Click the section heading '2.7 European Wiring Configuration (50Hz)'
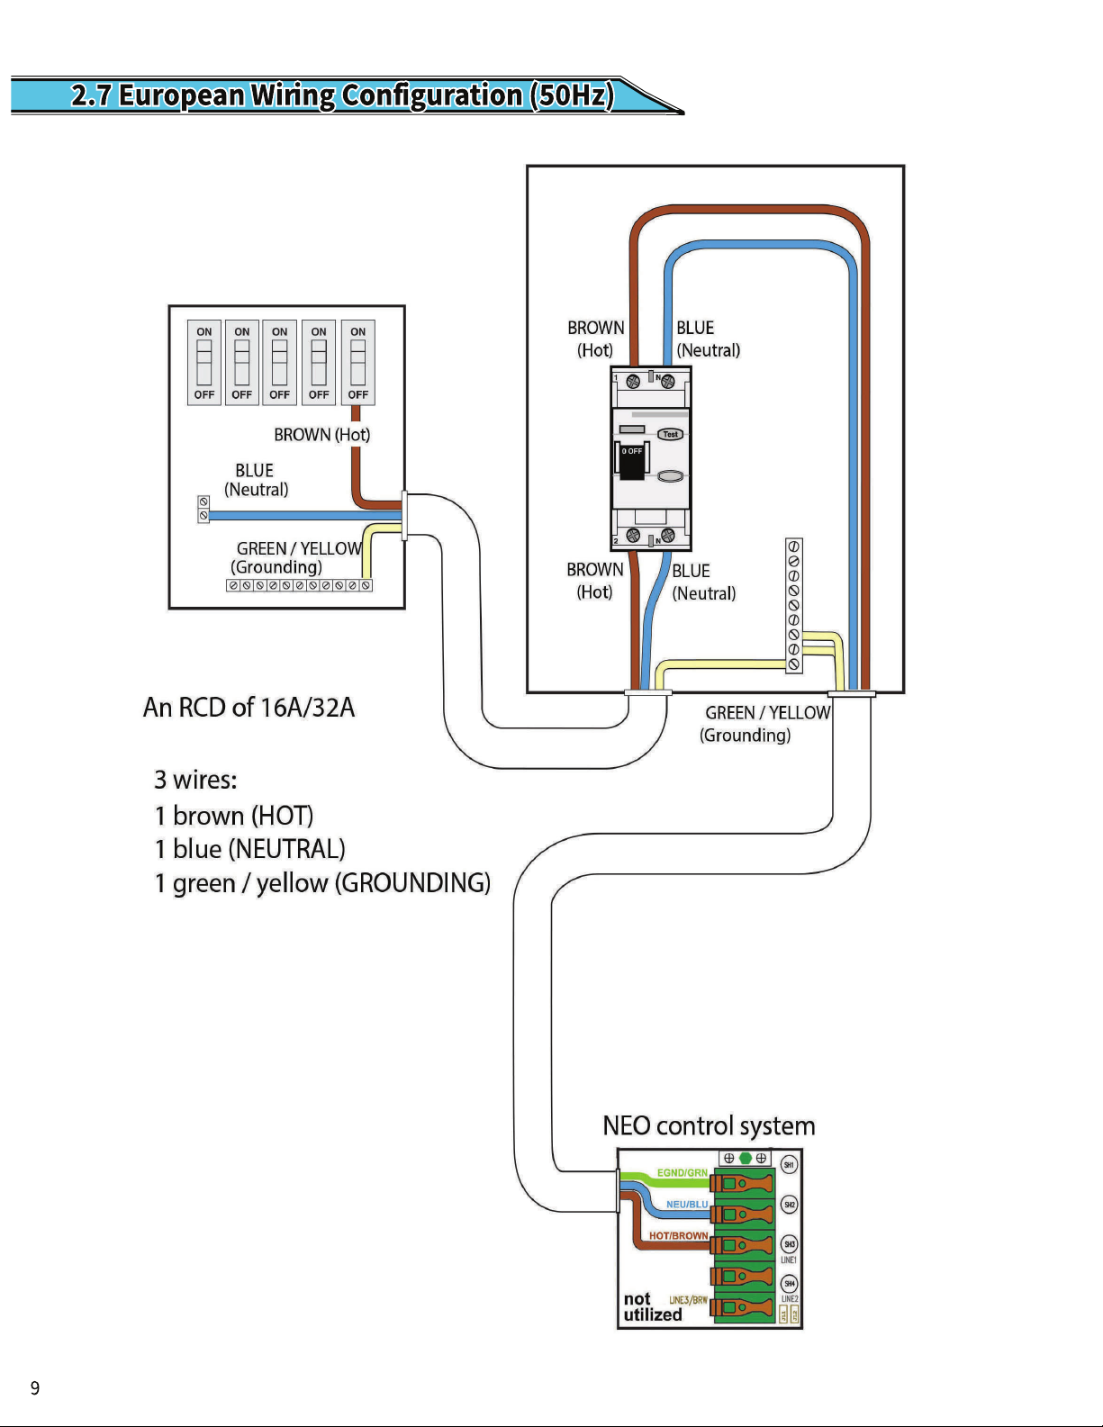point(342,95)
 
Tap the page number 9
point(35,1387)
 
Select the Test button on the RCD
point(670,434)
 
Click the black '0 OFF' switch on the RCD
point(632,460)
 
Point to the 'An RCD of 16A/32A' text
point(249,708)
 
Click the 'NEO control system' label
point(709,1126)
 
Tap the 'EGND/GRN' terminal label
point(682,1173)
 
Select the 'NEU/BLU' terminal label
point(686,1205)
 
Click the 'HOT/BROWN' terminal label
point(678,1236)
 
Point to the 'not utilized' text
point(651,1307)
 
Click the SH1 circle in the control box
point(789,1165)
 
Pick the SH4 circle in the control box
point(789,1284)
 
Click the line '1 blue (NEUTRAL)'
point(249,849)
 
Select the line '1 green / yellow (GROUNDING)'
point(322,883)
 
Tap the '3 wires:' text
point(195,780)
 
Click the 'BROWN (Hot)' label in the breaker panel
point(321,435)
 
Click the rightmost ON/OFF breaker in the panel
point(357,363)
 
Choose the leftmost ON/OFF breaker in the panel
point(204,363)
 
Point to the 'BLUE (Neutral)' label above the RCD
point(708,339)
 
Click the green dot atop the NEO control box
point(745,1158)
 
